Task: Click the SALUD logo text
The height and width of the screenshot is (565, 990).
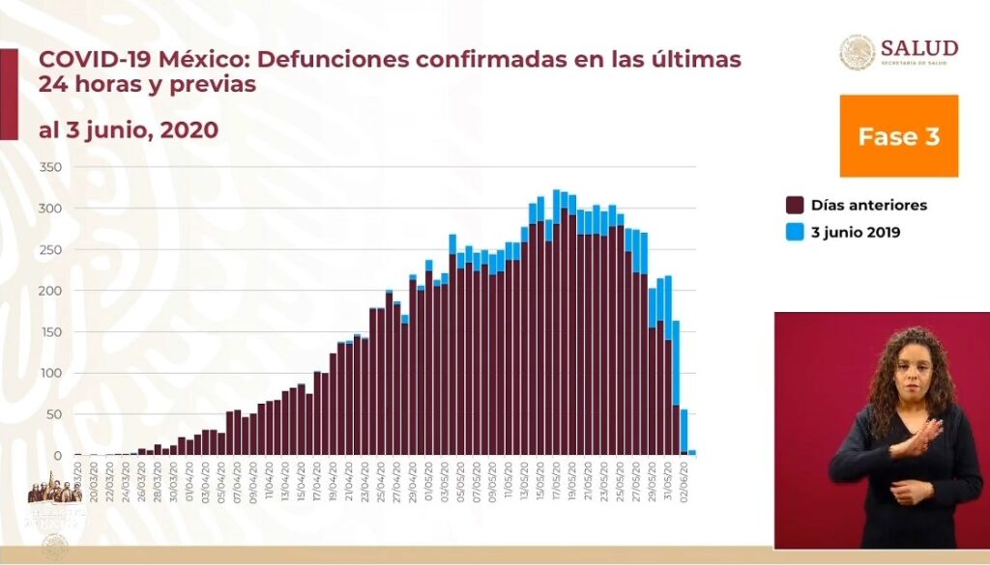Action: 919,48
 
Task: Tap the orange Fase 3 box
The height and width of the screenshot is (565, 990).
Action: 898,136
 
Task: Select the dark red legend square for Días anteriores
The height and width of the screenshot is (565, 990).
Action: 795,205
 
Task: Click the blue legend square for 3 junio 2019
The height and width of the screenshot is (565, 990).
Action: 795,232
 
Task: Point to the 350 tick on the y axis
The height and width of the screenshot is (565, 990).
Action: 50,168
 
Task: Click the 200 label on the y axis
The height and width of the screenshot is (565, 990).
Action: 50,291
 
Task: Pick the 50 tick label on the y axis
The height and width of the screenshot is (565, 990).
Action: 53,414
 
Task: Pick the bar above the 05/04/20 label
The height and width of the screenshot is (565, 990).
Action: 221,443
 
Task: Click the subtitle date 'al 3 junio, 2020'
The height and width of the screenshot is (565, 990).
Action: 128,129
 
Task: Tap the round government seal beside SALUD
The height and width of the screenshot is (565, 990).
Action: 857,51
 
